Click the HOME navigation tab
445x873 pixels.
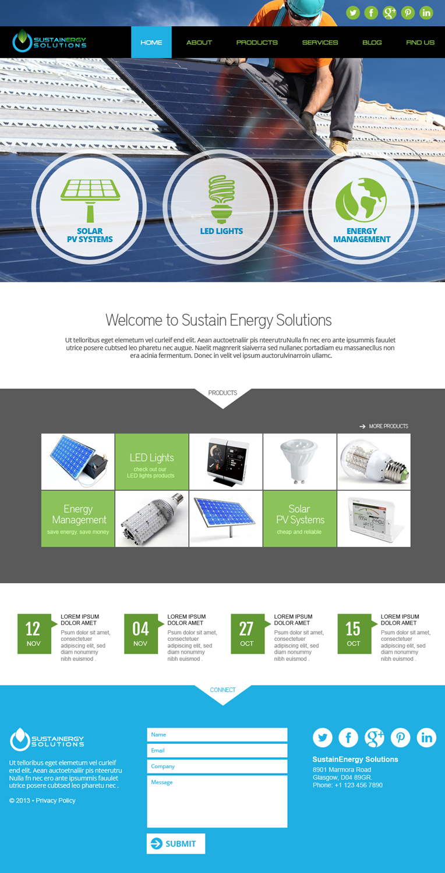(x=151, y=42)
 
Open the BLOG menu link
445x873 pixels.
(x=372, y=42)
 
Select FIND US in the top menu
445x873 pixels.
(x=420, y=42)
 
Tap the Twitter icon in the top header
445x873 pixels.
(x=353, y=13)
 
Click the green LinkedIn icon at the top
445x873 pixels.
(x=426, y=13)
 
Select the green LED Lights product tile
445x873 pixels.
(x=151, y=462)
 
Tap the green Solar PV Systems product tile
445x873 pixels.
(x=299, y=519)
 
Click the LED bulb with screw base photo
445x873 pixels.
(x=373, y=462)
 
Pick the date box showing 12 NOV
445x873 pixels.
(x=34, y=634)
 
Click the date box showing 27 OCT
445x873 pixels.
(x=247, y=634)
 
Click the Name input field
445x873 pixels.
(x=217, y=734)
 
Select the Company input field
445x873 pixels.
(x=217, y=766)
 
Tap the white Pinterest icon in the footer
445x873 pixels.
(x=400, y=738)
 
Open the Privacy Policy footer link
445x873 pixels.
(x=55, y=801)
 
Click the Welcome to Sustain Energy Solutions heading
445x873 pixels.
(x=218, y=320)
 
